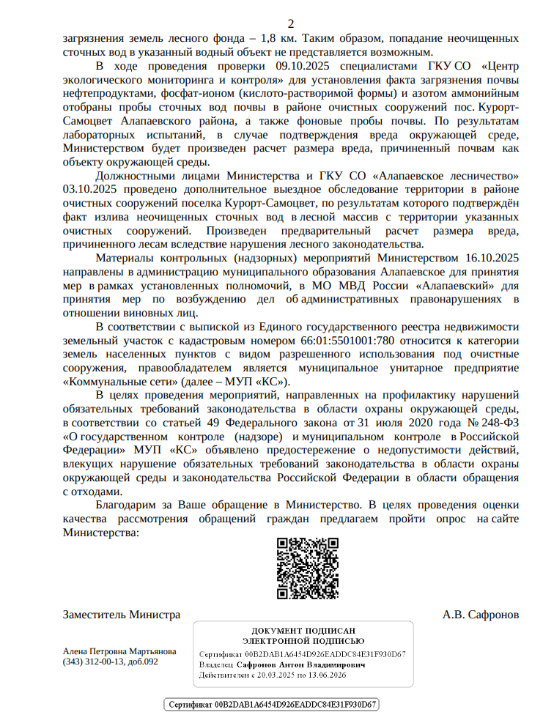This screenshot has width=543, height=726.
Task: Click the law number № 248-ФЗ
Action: [492, 423]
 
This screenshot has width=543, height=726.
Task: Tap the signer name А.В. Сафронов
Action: [481, 614]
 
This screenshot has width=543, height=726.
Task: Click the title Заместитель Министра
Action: [122, 614]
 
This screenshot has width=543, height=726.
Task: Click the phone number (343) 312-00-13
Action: [94, 662]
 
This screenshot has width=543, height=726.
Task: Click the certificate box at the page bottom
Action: [271, 705]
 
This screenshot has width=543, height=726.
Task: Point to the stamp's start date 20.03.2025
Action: [275, 674]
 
